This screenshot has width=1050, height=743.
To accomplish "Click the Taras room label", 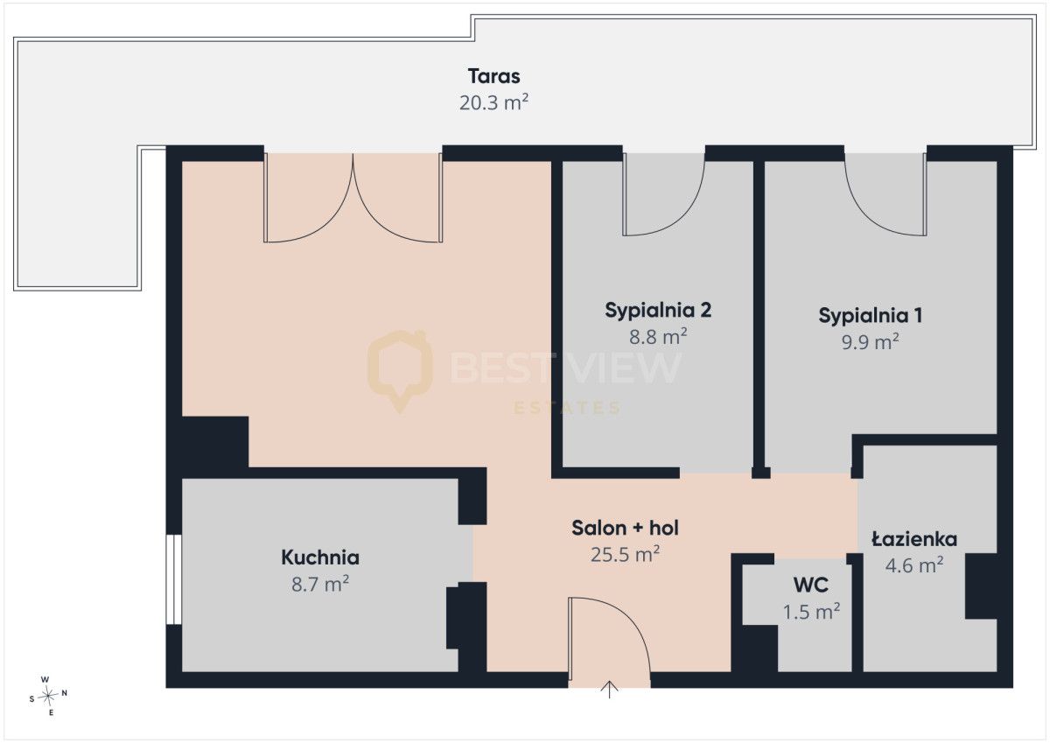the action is point(493,76).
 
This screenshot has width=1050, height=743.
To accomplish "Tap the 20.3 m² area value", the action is point(493,102).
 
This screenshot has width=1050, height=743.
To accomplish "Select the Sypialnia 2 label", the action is point(658,311).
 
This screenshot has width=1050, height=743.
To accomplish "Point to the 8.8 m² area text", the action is point(658,336).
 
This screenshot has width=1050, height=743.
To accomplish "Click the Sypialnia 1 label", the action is point(871,315).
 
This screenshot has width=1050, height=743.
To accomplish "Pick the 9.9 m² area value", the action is point(870,341).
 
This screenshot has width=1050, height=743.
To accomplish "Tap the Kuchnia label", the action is point(320,557).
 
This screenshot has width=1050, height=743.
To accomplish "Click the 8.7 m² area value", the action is point(320,584).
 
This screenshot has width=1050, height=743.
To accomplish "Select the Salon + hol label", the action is point(625,529).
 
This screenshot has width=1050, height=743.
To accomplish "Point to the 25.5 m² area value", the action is point(625,555).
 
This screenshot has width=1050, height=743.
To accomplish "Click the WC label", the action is point(811,585).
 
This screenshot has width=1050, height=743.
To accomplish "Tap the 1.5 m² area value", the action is point(811,612).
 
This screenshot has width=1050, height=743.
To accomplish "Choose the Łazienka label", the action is point(914,539).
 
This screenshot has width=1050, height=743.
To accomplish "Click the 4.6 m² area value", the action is point(914,565).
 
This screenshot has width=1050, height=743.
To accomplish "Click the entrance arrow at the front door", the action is point(609,689).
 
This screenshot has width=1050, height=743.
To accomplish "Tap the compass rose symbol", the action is point(48,696).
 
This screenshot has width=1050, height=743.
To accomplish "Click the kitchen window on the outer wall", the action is point(174,579).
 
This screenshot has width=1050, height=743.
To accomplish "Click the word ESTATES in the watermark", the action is point(567,408).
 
